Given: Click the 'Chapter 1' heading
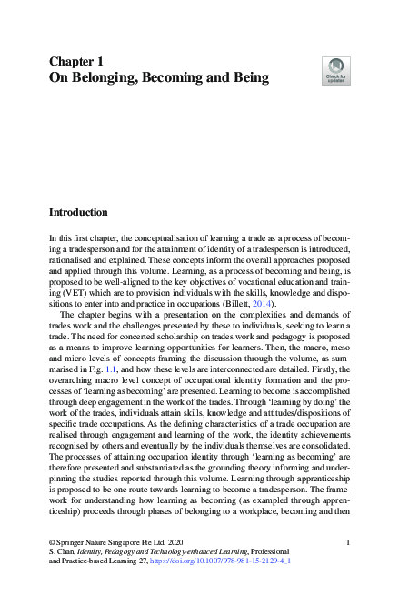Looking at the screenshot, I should tap(78, 60).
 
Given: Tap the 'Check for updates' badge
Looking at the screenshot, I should tap(335, 69).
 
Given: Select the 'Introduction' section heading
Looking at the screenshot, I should tap(90, 212).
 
